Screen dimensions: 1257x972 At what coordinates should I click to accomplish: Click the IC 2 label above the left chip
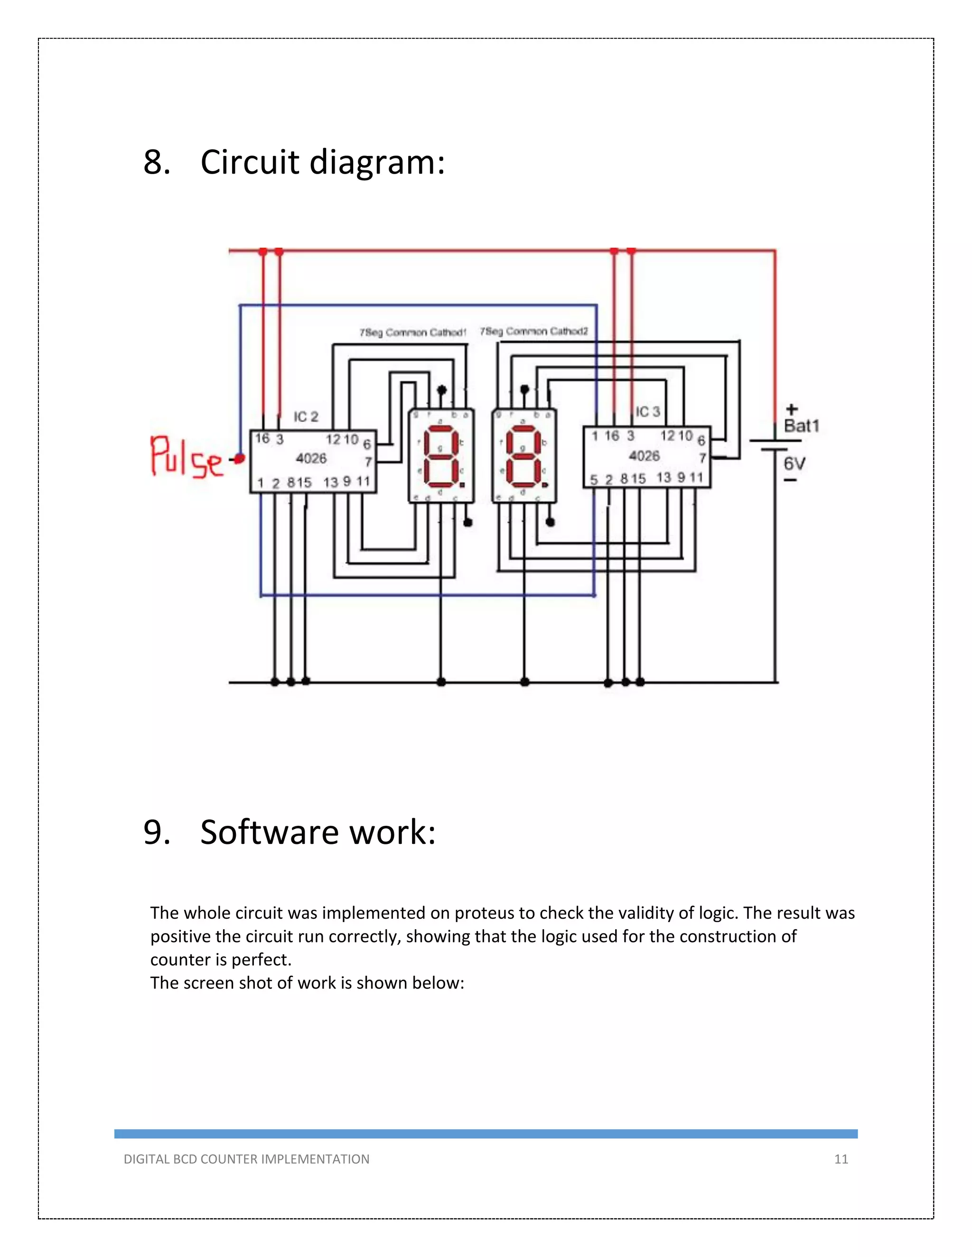(306, 416)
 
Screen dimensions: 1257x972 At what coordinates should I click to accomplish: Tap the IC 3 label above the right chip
(647, 412)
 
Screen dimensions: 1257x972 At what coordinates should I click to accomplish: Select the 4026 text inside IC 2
(311, 459)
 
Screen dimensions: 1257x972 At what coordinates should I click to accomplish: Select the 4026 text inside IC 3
(644, 456)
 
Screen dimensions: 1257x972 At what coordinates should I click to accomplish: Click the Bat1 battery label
(801, 426)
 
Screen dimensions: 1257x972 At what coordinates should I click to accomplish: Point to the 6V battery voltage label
(794, 464)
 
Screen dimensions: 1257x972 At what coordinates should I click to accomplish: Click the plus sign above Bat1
(792, 409)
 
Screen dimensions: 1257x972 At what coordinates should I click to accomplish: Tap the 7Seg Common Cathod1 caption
(412, 333)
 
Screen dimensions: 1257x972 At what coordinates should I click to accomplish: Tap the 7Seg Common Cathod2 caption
(534, 332)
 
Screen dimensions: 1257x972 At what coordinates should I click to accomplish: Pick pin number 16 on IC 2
(262, 439)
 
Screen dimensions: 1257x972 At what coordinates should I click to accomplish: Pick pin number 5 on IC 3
(594, 480)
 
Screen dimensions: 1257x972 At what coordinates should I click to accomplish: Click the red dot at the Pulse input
(240, 459)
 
